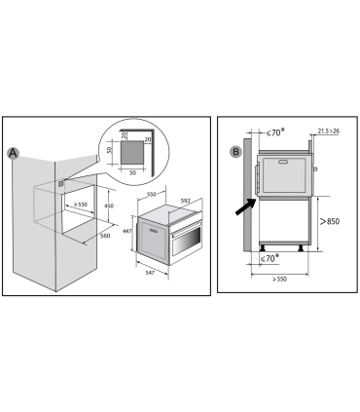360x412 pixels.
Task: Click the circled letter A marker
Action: point(13,153)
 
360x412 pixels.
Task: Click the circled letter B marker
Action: point(234,152)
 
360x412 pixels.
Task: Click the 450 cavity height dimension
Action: point(110,206)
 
